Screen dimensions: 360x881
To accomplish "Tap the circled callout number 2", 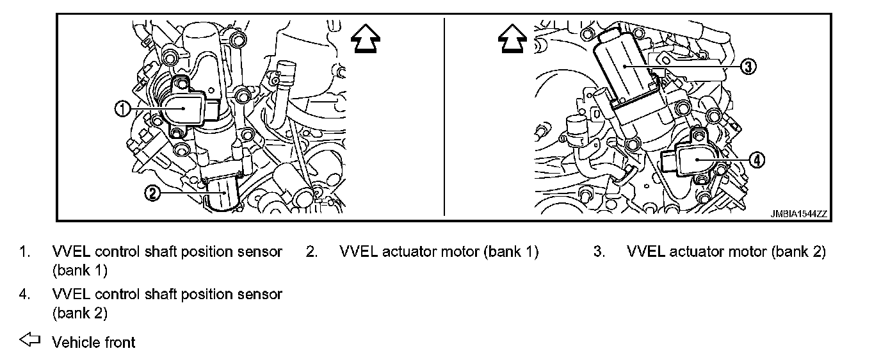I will pyautogui.click(x=152, y=193).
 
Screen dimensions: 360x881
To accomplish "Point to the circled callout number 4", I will pyautogui.click(x=756, y=161).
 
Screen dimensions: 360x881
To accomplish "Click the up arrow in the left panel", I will pyautogui.click(x=366, y=40).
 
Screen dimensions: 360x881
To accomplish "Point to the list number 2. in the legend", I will pyautogui.click(x=312, y=252).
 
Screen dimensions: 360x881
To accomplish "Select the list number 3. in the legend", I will pyautogui.click(x=599, y=252).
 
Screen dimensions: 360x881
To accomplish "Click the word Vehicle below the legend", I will pyautogui.click(x=74, y=342).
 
